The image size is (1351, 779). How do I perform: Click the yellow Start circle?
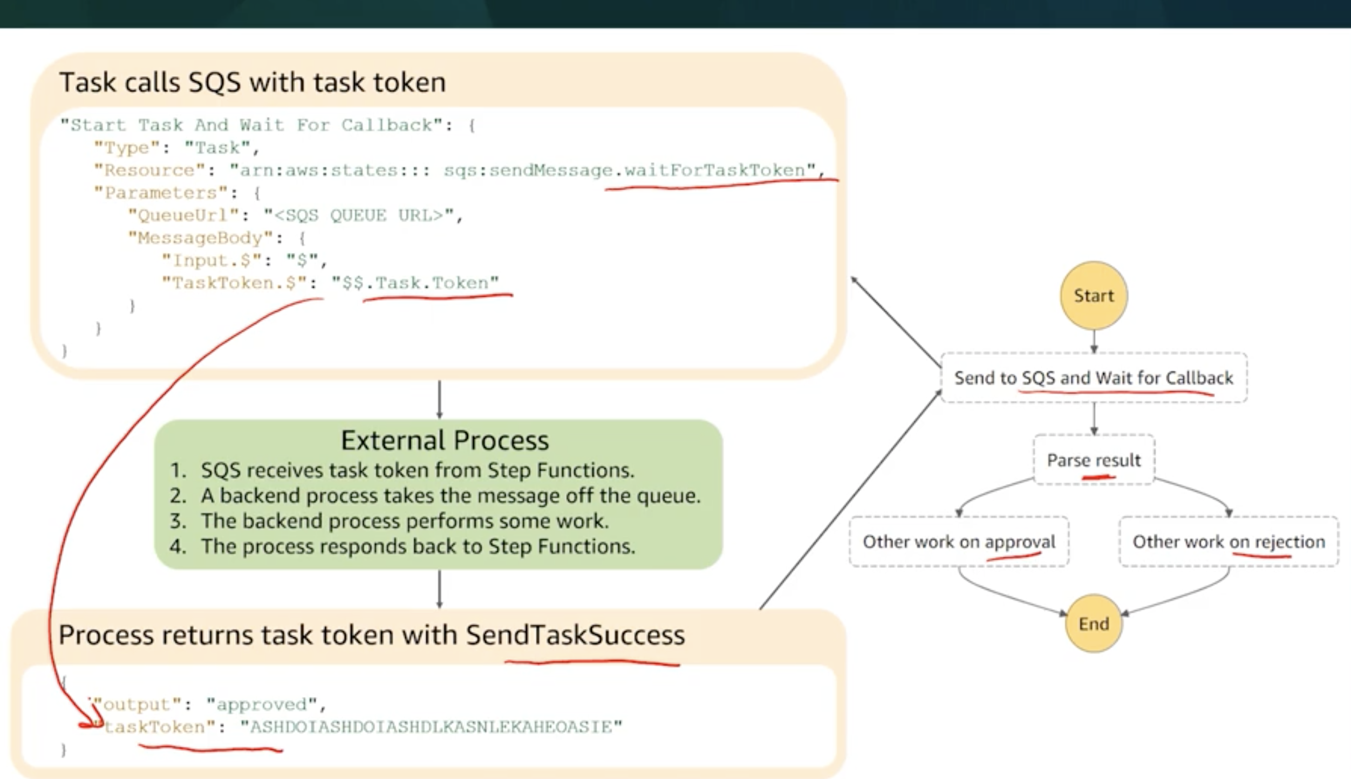tap(1094, 296)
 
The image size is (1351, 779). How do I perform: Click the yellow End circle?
tap(1094, 624)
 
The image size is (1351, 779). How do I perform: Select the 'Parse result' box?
tap(1094, 460)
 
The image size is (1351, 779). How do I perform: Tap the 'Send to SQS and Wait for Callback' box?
tap(1094, 378)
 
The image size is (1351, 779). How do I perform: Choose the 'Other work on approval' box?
tap(959, 542)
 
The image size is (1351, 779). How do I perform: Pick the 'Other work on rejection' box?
tap(1229, 542)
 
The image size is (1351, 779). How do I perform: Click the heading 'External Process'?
tap(445, 440)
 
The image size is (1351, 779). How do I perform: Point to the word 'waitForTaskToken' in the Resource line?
tap(714, 170)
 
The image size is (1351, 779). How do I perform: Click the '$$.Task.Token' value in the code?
tap(415, 283)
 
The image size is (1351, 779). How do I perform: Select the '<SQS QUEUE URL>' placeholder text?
tap(359, 216)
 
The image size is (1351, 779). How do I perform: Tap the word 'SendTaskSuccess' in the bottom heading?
tap(575, 635)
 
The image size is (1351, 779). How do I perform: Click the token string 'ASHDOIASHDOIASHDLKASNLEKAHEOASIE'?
tap(431, 727)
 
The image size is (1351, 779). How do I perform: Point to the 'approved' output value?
tap(262, 705)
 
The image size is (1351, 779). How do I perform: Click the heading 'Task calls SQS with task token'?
tap(253, 83)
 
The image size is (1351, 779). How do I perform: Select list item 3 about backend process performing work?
tap(405, 521)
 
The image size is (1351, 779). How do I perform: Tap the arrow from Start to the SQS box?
tap(1094, 341)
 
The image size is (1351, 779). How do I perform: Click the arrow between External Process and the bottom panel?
tap(439, 589)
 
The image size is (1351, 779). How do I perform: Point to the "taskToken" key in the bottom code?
tap(154, 727)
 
